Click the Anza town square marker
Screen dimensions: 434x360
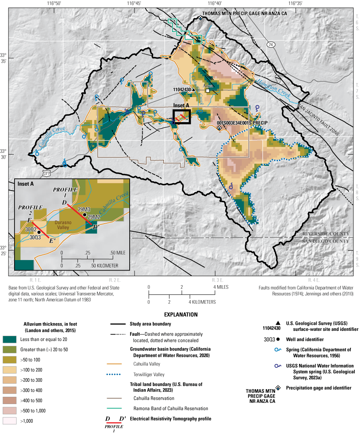(208, 91)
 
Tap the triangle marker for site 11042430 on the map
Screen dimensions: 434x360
(194, 89)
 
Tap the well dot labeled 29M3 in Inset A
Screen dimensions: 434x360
(84, 215)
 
